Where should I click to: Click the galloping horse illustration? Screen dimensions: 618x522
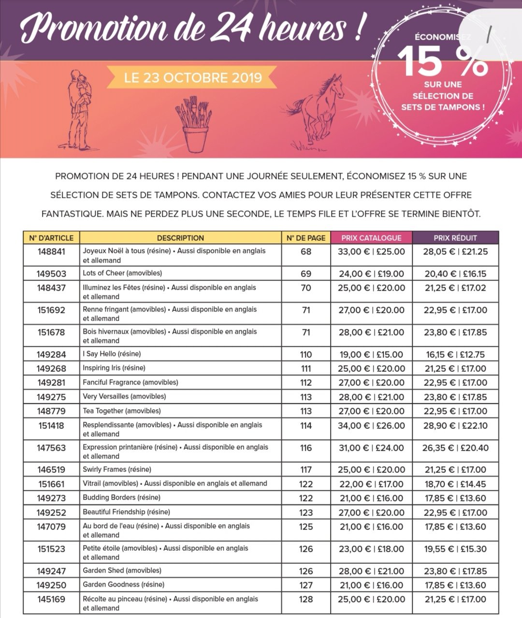317,111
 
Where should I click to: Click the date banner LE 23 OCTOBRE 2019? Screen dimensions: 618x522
193,78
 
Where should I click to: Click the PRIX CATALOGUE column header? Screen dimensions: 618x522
371,238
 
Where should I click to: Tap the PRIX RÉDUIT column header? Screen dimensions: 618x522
455,238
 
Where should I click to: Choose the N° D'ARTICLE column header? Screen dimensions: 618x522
51,238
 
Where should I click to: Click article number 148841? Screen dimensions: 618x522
51,251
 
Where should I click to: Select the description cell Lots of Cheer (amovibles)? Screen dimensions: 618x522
122,273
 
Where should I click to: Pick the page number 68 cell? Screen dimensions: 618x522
306,251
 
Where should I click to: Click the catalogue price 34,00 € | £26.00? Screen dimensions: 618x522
372,426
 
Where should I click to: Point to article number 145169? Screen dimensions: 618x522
51,600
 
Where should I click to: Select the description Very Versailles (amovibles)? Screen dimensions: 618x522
124,397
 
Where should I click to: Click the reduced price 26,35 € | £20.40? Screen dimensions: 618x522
455,448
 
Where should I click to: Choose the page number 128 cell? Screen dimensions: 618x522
306,600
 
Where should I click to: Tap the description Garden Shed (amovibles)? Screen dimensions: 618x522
122,571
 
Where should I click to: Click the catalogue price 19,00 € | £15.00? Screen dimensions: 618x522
371,354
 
